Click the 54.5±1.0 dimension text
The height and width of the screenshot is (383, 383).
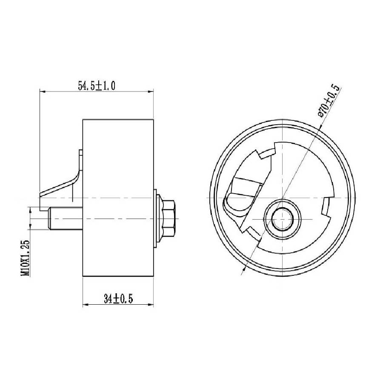97,86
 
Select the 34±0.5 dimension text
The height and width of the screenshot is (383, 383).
118,299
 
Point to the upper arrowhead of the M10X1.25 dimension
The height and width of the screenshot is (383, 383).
30,209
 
